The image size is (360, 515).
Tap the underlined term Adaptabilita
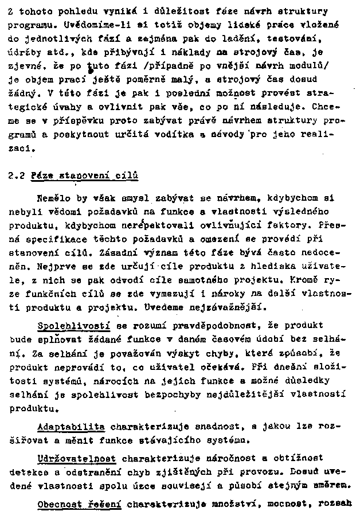coord(71,427)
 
